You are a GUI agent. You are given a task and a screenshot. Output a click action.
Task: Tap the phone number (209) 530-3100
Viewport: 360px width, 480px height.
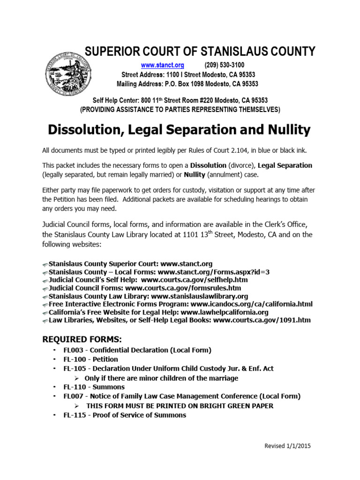pos(224,65)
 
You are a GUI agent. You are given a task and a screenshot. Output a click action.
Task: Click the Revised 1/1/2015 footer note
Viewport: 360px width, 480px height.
pos(287,446)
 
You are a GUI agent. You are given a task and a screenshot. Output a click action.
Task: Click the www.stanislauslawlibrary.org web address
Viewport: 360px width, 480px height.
pos(200,297)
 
